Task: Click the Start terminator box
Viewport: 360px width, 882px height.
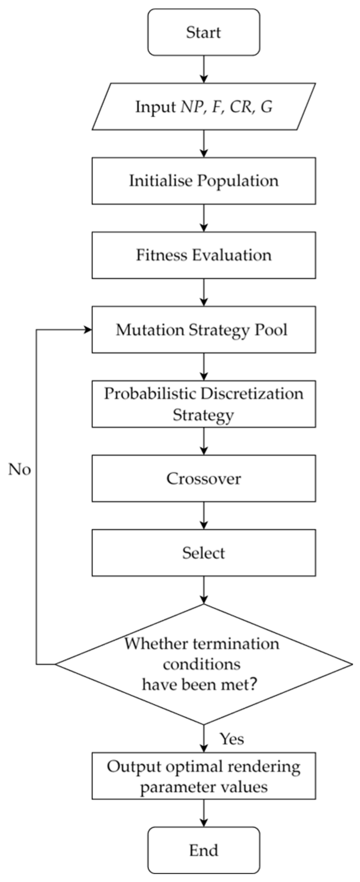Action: point(203,32)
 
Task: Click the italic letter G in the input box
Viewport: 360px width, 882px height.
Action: point(267,107)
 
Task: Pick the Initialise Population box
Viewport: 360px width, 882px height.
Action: point(203,181)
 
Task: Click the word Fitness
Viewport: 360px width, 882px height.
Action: point(161,255)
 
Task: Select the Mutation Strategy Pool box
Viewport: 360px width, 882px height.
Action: point(203,330)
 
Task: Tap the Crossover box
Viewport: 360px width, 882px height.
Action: point(203,479)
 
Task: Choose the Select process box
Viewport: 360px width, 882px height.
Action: point(203,553)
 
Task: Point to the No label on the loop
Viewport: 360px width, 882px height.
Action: point(20,470)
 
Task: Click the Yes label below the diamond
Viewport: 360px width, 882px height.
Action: point(232,738)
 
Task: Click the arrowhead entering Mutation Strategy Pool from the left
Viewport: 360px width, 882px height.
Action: point(88,330)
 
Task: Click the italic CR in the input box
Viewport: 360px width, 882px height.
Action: point(241,107)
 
